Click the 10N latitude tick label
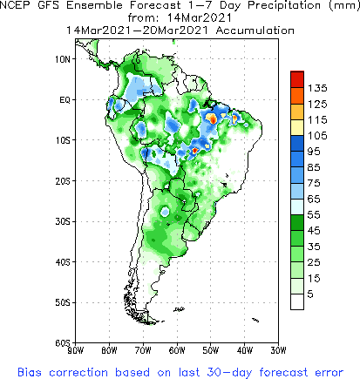pos(63,59)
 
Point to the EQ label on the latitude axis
pos(65,99)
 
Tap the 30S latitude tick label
pos(63,221)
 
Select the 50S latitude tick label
pos(63,302)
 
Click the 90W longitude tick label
pos(75,350)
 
